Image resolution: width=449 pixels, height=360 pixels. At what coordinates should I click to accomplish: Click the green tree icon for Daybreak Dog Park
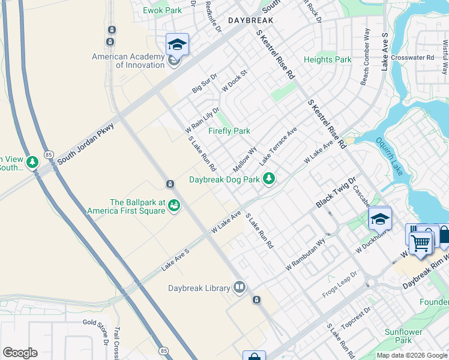(x=270, y=178)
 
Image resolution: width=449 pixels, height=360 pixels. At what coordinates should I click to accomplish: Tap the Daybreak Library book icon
(x=240, y=288)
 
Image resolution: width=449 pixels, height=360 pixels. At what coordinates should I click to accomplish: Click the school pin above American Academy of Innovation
(x=178, y=44)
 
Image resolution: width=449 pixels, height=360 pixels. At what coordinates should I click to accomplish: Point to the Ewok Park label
(x=162, y=10)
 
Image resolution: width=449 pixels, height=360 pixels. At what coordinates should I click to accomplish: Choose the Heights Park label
(x=327, y=59)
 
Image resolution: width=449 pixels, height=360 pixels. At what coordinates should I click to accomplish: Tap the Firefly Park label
(x=229, y=131)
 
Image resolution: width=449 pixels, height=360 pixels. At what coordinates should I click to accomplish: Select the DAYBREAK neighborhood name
(x=251, y=20)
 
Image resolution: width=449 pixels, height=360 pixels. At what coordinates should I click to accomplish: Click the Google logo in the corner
(x=19, y=353)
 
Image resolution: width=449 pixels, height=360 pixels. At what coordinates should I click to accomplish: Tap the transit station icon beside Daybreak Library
(x=256, y=299)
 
